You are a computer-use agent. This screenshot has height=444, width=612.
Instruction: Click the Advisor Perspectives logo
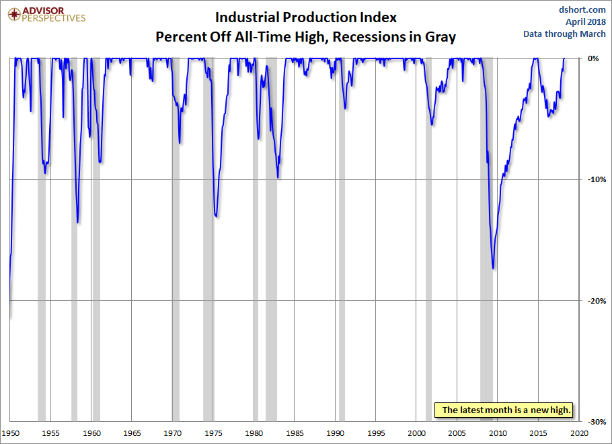[x=45, y=15]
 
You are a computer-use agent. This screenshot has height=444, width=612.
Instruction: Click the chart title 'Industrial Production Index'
[x=305, y=17]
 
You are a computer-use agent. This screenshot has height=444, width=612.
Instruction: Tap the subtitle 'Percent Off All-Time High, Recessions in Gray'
[x=305, y=36]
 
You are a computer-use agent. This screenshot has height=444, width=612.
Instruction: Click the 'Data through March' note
[x=565, y=34]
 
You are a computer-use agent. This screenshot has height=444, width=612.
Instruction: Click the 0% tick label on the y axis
[x=593, y=58]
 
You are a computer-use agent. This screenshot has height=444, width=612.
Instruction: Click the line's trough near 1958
[x=77, y=222]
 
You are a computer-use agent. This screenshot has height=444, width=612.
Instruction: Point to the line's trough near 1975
[x=216, y=216]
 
